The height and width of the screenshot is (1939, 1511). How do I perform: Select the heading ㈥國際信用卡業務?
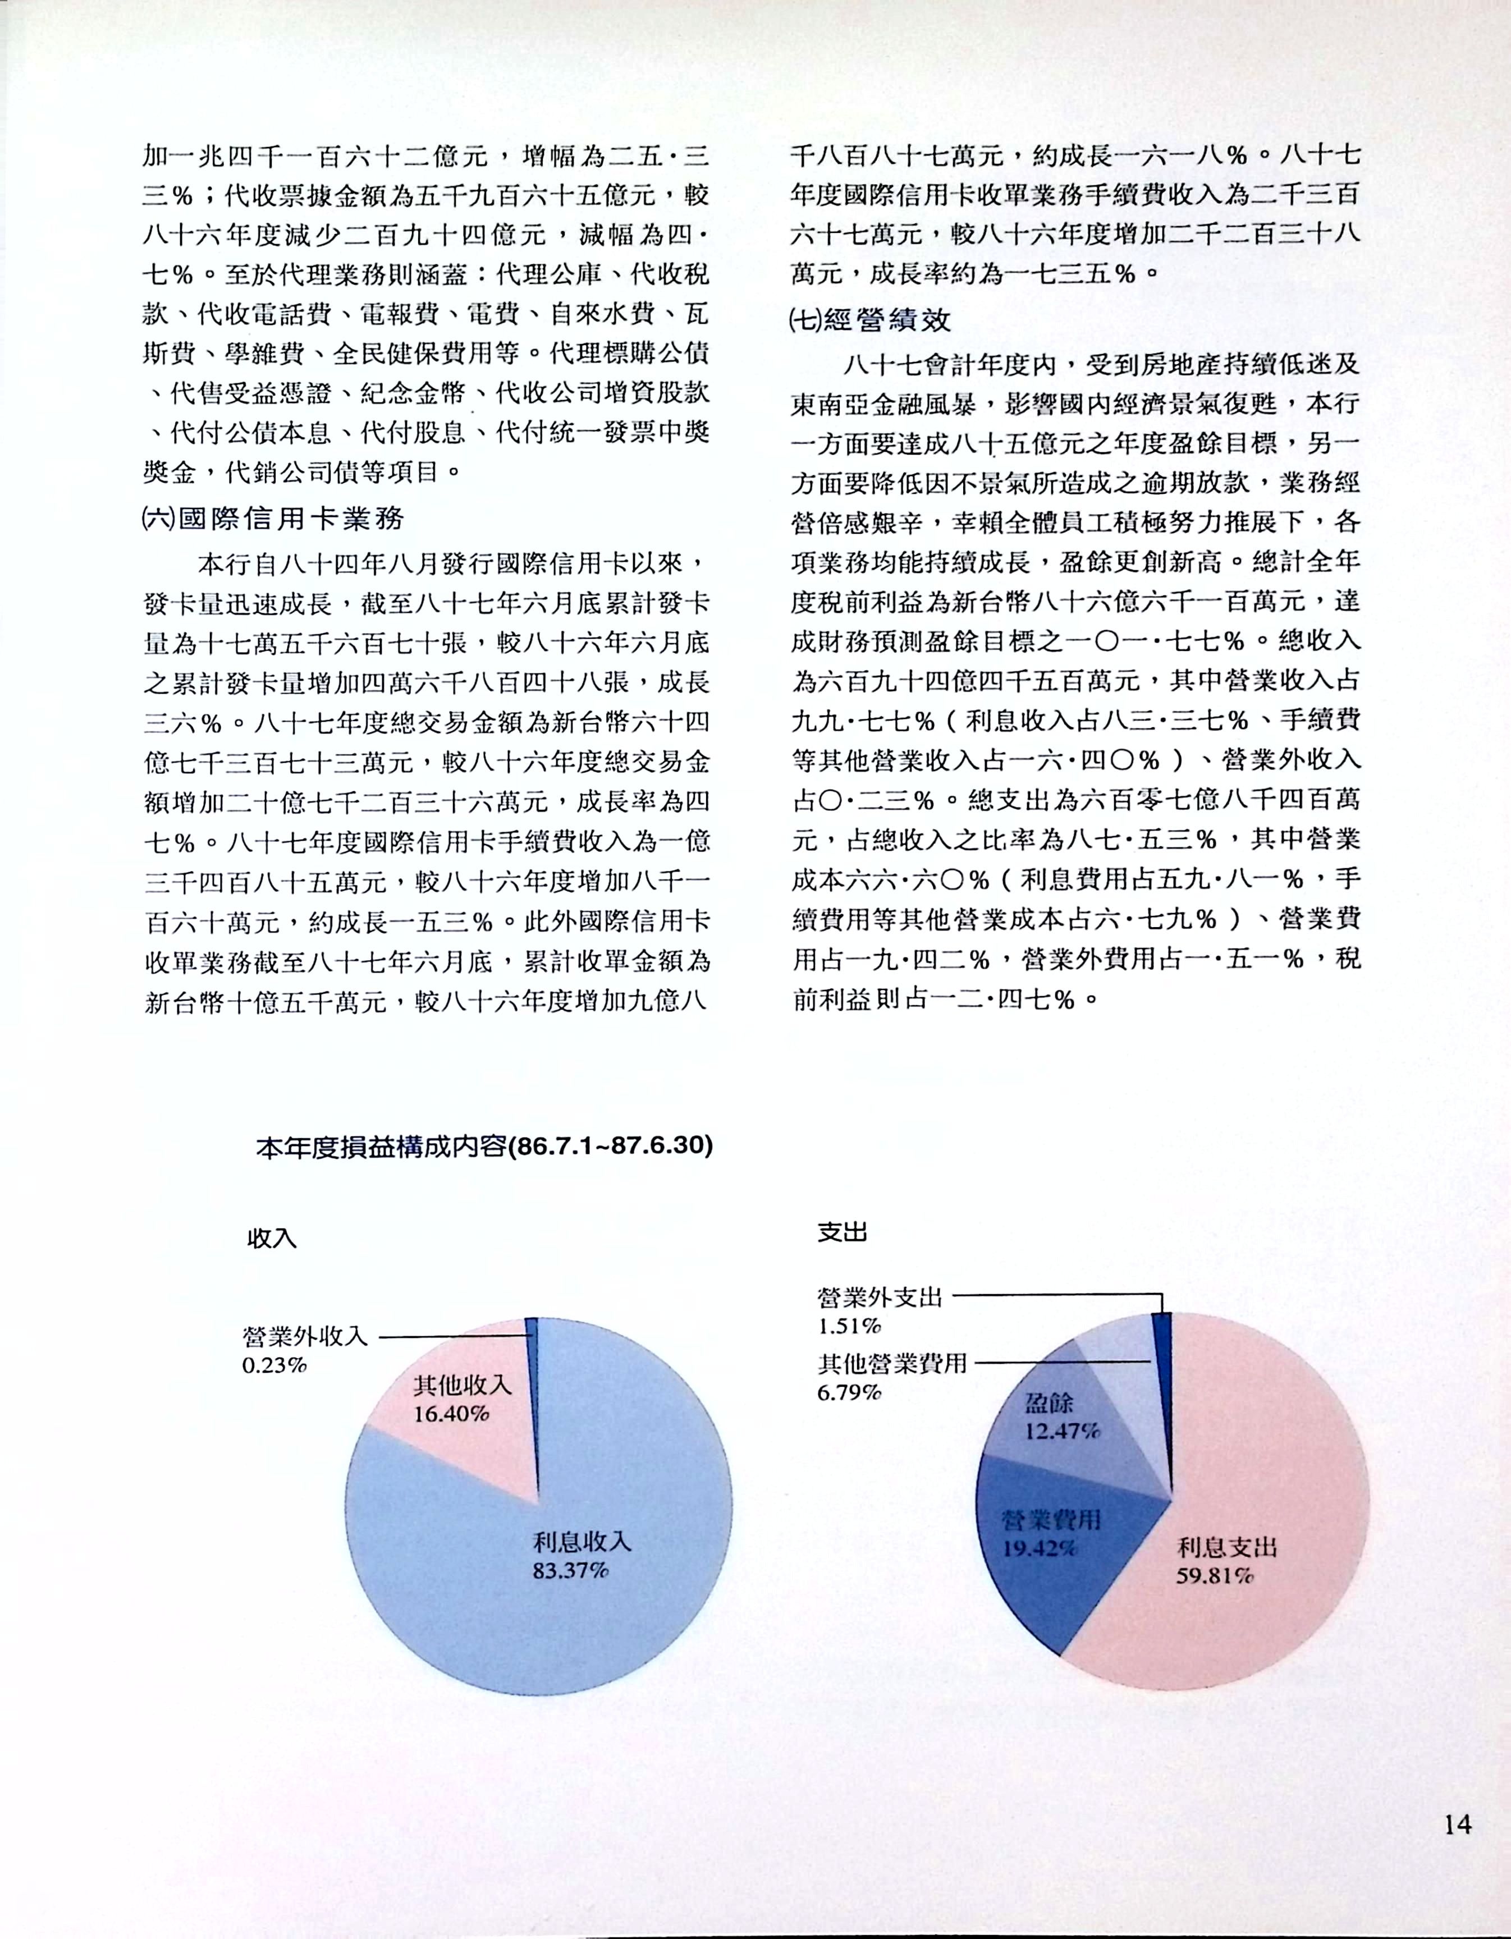tap(273, 519)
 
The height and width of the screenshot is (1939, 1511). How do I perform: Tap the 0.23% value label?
tap(274, 1364)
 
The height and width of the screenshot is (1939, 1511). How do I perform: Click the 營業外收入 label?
tap(305, 1335)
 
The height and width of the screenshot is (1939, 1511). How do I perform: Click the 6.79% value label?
tap(849, 1392)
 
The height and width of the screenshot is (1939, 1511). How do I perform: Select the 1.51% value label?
tap(849, 1326)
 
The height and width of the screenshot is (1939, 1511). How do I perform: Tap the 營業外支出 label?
tap(879, 1297)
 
